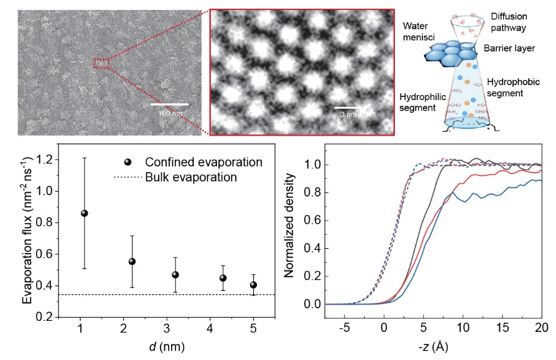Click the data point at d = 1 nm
tap(85, 213)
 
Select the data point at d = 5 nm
tap(253, 285)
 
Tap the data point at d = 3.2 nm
tap(175, 275)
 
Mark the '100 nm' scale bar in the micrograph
tap(169, 104)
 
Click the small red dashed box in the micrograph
tap(101, 63)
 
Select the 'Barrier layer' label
tap(509, 48)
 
